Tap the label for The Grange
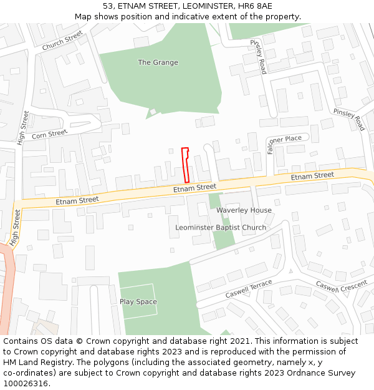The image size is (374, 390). tap(158, 62)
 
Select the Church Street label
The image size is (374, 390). tap(62, 42)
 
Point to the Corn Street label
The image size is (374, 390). tap(49, 134)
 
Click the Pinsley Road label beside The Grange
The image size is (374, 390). tap(259, 57)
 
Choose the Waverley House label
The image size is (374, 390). tap(244, 210)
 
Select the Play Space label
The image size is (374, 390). tap(138, 302)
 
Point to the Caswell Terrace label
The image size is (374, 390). tap(249, 288)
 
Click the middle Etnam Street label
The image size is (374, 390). tap(194, 187)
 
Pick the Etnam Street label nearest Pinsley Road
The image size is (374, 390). tap(312, 177)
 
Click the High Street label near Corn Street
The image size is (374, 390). tap(24, 128)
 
